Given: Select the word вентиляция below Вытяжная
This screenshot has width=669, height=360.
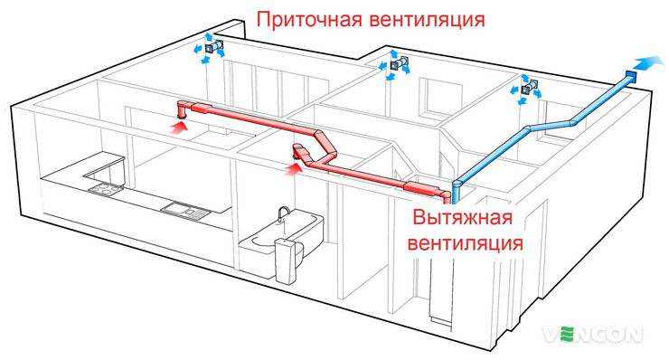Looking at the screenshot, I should click(x=465, y=242).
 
